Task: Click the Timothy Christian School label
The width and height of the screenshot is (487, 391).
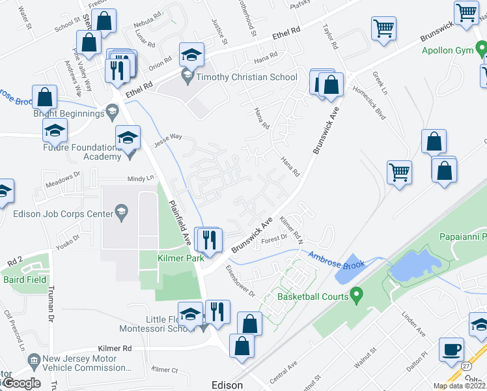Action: coord(247,77)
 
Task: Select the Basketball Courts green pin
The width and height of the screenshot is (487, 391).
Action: coord(356,297)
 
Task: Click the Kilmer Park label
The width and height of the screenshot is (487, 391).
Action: coord(176,258)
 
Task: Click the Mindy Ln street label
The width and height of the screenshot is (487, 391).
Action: coord(141,177)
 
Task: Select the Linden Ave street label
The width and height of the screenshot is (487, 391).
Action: coord(412,324)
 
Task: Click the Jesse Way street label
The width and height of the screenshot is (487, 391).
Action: coord(167,139)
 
